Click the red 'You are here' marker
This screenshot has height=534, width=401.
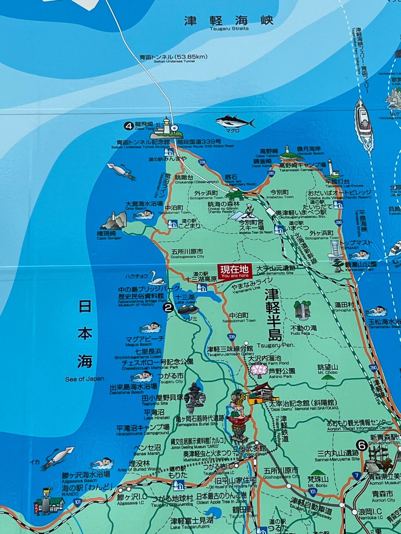(234, 271)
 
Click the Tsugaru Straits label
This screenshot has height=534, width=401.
(229, 29)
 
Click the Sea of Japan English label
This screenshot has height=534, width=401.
(85, 379)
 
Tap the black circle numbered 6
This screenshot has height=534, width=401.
(361, 445)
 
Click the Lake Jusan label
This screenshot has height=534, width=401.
(186, 302)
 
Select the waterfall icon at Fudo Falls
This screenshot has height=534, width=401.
(302, 309)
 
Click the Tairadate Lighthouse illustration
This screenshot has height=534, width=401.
(333, 169)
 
